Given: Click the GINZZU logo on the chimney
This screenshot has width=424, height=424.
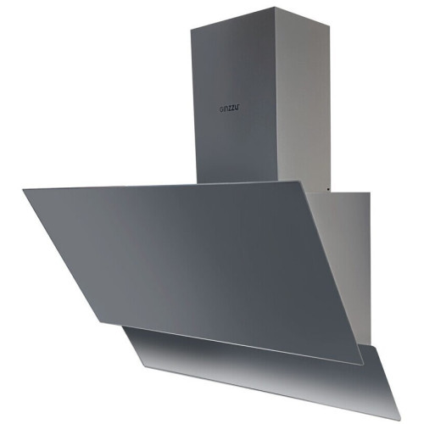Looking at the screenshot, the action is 230,109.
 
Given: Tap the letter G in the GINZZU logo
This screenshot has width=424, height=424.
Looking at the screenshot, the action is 221,110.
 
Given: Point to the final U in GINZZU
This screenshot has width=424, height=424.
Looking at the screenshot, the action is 238,109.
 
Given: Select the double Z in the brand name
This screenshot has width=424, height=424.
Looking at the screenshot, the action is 232,109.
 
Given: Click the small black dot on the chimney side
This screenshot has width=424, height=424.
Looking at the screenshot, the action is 328,189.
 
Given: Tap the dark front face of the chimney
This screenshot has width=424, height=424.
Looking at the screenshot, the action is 235,108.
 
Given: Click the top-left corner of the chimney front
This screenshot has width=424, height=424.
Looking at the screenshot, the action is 191,29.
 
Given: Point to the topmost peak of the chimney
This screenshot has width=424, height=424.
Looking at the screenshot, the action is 275,8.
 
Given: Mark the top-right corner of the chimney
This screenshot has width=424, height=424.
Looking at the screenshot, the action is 330,25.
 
